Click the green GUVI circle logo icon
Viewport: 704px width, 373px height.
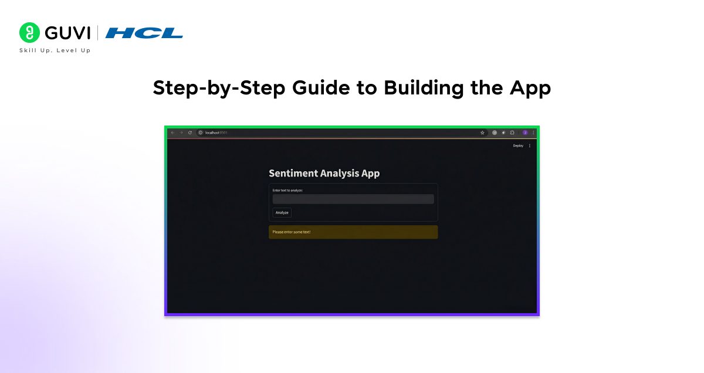[x=29, y=33]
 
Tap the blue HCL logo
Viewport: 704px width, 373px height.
[x=144, y=33]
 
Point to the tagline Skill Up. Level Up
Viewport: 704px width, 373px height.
[x=55, y=50]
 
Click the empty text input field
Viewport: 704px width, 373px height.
[x=353, y=199]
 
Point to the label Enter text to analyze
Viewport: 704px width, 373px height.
[x=287, y=190]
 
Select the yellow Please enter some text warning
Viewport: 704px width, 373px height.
[x=353, y=232]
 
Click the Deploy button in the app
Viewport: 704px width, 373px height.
[x=518, y=145]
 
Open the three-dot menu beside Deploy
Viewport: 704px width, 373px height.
[x=530, y=145]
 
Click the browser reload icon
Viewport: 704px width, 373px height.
[x=189, y=133]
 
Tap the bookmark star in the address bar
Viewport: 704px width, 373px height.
[x=482, y=133]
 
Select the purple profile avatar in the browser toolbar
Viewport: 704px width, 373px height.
[x=525, y=133]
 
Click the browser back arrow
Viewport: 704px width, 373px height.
[x=172, y=133]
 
